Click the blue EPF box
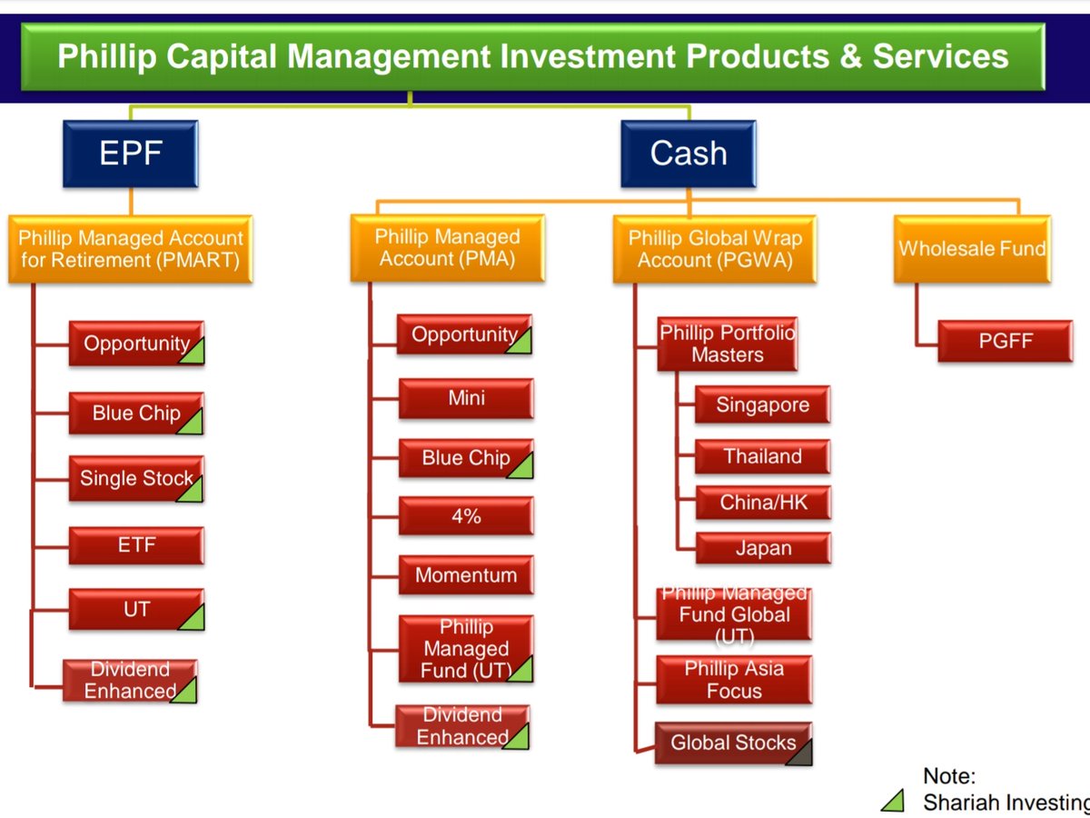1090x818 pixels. [x=130, y=153]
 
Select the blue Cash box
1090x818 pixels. [x=688, y=153]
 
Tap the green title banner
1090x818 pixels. [x=532, y=55]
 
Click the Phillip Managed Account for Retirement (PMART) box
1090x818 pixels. [x=131, y=249]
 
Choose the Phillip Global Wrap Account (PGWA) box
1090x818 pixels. [x=715, y=249]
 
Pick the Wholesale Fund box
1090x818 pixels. [x=971, y=247]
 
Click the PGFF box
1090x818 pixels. [x=1005, y=342]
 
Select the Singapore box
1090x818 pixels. [x=761, y=405]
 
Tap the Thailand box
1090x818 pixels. [x=761, y=456]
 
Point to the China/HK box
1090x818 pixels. [x=761, y=503]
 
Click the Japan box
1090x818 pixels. [x=761, y=548]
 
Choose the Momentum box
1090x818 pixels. [x=465, y=575]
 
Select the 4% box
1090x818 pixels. [x=465, y=516]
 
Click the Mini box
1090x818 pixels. [x=465, y=398]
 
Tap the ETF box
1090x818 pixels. [x=136, y=545]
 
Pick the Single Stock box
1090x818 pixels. [x=136, y=478]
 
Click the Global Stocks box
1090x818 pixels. [x=732, y=743]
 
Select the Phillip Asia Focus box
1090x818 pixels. [x=732, y=680]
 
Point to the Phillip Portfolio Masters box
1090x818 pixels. [x=727, y=344]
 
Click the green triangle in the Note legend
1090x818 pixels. [x=894, y=801]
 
